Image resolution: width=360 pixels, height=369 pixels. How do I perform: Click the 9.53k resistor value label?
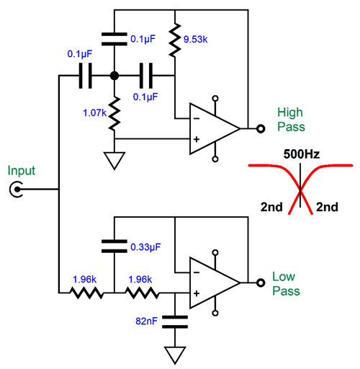pos(195,39)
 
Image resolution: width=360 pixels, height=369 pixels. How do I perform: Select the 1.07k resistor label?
pos(94,112)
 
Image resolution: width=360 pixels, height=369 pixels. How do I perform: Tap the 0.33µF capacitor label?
pos(145,247)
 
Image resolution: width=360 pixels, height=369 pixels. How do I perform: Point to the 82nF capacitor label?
pos(146,321)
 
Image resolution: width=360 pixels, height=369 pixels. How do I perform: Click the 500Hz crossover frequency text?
pos(302,154)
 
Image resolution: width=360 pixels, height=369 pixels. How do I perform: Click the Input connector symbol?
pos(17,190)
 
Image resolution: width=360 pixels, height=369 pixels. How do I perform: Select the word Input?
pos(22,171)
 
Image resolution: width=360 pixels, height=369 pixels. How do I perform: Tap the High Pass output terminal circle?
pos(261,129)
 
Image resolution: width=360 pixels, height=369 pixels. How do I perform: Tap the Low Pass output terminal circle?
pos(261,283)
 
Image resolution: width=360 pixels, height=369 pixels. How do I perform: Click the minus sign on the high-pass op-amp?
pos(197,118)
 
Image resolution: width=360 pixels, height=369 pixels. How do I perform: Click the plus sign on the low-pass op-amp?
pos(197,293)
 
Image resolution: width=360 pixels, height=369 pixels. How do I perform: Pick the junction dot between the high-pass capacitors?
pos(114,76)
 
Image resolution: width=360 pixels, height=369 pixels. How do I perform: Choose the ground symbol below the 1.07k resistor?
pos(114,161)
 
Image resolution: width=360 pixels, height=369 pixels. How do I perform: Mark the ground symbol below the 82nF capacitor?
pos(175,355)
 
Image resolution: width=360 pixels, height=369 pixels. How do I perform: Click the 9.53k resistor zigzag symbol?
pos(175,40)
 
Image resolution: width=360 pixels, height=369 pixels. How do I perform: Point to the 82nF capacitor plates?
pos(175,322)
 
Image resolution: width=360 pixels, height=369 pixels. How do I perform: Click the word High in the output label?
pos(290,112)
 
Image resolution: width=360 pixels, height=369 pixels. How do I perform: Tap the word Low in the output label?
pos(284,277)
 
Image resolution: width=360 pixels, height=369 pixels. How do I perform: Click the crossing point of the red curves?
pos(300,190)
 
